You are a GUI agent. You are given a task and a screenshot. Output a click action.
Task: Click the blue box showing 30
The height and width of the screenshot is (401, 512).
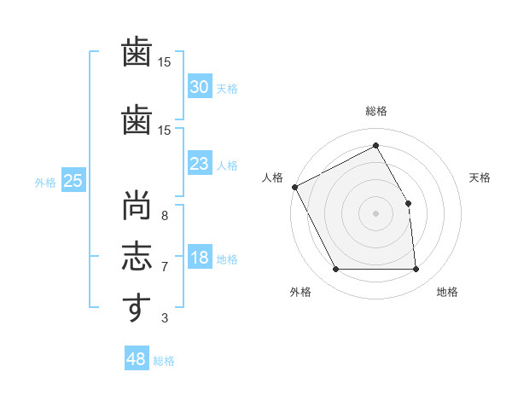(200, 86)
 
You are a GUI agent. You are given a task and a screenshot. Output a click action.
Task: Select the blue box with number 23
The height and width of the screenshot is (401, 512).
(200, 163)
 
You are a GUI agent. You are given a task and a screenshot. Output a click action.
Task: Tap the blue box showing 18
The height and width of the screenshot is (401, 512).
(200, 256)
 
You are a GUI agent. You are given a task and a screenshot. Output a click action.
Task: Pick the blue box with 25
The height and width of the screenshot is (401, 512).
(73, 180)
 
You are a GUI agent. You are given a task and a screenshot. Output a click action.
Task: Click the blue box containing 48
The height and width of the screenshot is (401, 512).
(137, 357)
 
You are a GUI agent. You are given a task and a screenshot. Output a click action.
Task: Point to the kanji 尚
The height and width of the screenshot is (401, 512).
(137, 205)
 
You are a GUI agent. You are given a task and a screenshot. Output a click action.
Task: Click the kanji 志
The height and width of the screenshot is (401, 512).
(137, 256)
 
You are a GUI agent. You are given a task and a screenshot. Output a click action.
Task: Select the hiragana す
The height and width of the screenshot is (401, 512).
(137, 307)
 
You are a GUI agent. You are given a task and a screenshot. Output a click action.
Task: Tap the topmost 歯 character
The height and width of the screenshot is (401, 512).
(137, 51)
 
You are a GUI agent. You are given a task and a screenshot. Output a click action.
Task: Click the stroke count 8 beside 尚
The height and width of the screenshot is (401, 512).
(165, 216)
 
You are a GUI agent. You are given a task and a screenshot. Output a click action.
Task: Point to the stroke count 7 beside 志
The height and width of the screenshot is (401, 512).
(165, 267)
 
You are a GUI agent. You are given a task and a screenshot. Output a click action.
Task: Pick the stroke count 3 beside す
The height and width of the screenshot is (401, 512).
(165, 317)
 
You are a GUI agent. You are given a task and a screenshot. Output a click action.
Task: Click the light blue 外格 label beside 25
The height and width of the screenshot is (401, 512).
(45, 183)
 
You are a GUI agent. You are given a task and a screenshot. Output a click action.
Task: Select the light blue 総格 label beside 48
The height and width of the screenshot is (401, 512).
(164, 361)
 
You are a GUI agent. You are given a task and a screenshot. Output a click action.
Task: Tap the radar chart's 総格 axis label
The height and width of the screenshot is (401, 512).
(376, 111)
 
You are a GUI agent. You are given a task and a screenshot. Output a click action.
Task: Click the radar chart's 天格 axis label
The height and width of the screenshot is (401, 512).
(480, 177)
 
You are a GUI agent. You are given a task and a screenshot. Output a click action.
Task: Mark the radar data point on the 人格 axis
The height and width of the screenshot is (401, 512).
(295, 187)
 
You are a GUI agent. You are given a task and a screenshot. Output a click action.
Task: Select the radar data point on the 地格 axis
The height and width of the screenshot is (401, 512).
(416, 269)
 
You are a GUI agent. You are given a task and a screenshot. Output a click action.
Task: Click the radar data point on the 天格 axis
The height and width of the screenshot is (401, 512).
(408, 203)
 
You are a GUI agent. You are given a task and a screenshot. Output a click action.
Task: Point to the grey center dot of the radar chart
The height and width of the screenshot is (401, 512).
(375, 213)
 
